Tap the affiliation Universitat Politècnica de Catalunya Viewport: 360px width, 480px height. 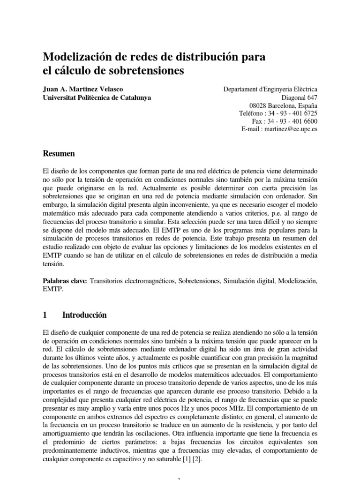coord(97,97)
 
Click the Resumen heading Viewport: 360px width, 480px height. coord(59,153)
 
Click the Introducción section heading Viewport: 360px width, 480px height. coord(85,315)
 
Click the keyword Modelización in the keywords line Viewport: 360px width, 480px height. coord(298,281)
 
